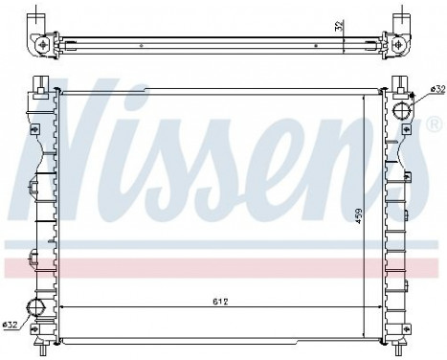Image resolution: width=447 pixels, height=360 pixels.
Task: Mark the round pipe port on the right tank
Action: (402, 110)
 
